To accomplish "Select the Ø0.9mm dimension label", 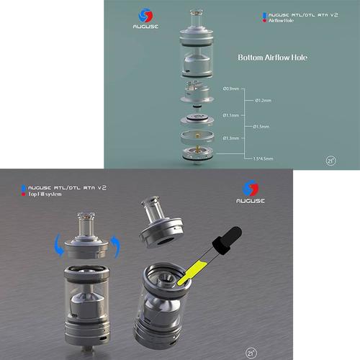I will [232, 89].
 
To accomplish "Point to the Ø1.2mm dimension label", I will [264, 101].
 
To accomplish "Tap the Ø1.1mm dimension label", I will [231, 114].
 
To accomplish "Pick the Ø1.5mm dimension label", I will [264, 126].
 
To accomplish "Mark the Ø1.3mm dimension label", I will [231, 138].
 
